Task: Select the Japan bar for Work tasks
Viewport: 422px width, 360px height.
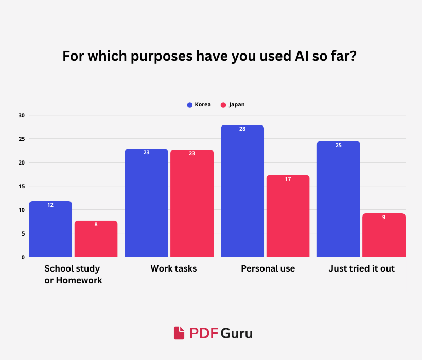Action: (192, 204)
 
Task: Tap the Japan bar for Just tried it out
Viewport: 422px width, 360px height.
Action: (384, 236)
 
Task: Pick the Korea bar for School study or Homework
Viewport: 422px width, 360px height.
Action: (50, 229)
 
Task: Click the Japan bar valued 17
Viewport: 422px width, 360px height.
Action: (288, 216)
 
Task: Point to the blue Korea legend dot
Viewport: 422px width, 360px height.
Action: (189, 105)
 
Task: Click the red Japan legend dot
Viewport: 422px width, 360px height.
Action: (223, 105)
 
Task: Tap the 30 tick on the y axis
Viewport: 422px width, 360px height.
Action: (22, 115)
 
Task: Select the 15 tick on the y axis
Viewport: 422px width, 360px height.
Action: (22, 186)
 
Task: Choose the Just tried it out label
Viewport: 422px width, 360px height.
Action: (361, 268)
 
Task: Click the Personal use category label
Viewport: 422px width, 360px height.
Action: (268, 268)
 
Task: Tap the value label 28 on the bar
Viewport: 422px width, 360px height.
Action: (242, 129)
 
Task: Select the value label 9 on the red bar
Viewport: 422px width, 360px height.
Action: (384, 217)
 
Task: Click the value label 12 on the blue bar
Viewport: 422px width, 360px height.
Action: (50, 205)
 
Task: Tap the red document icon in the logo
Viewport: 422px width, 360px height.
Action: (179, 333)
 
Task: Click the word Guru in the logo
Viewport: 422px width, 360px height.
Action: (237, 333)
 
